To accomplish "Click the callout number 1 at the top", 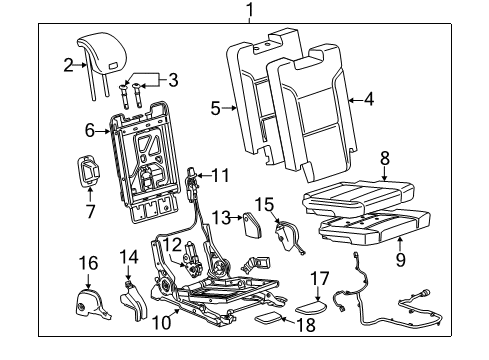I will (250, 12).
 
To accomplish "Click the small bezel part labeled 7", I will (90, 171).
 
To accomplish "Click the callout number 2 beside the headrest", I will (68, 67).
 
